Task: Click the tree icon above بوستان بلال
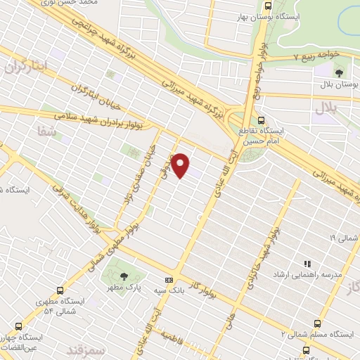coord(339,71)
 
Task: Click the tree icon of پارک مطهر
coord(124,277)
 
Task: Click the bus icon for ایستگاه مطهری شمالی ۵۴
coord(61,290)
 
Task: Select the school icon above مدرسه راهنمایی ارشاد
coord(307,264)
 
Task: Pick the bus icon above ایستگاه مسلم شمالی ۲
coord(318,323)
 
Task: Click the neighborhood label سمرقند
coord(86,349)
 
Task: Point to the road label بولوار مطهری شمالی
coord(113,249)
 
